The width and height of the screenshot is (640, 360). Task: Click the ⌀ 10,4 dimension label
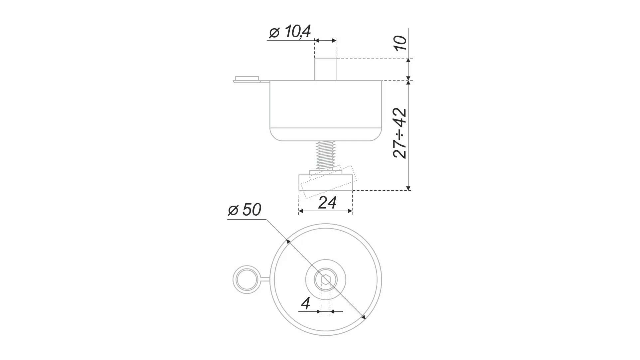[290, 32]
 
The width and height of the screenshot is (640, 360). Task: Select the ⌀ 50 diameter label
[244, 210]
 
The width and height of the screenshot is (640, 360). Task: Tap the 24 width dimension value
[327, 202]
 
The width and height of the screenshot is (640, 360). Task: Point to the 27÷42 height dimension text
[400, 133]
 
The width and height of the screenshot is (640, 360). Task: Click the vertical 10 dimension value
[400, 43]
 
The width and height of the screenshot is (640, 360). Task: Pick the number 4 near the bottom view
[306, 303]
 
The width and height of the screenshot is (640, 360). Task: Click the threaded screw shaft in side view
[326, 155]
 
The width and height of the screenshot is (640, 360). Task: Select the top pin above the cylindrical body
[326, 69]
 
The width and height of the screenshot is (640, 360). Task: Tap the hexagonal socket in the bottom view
[326, 279]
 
